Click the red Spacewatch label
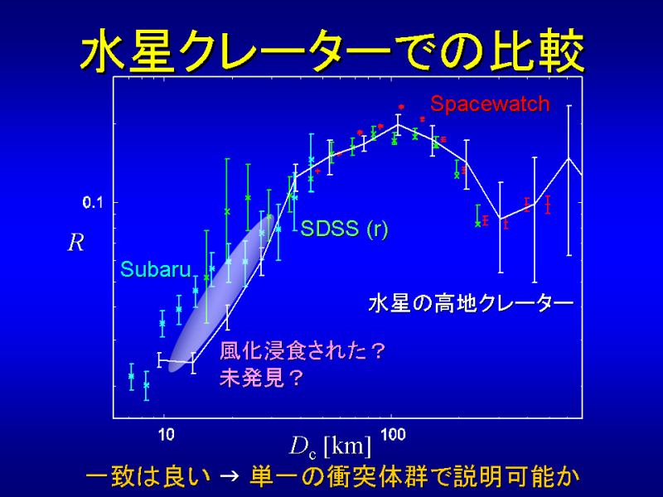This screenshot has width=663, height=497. pyautogui.click(x=490, y=104)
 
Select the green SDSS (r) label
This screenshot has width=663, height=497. pyautogui.click(x=344, y=229)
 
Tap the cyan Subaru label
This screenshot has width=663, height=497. pyautogui.click(x=156, y=269)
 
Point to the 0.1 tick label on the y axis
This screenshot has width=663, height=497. pyautogui.click(x=93, y=203)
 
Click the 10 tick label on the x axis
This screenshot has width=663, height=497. pyautogui.click(x=167, y=434)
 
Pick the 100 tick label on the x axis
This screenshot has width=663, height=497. pyautogui.click(x=393, y=434)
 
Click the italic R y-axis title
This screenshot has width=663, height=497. pyautogui.click(x=76, y=243)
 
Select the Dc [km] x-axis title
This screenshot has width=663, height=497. pyautogui.click(x=330, y=446)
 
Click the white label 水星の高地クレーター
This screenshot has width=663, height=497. pyautogui.click(x=471, y=304)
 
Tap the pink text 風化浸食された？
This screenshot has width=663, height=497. pyautogui.click(x=302, y=350)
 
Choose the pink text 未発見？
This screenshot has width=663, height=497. pyautogui.click(x=262, y=378)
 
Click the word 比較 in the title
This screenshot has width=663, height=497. pyautogui.click(x=536, y=51)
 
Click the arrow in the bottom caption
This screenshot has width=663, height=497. pyautogui.click(x=230, y=477)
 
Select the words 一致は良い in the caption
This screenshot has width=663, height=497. pyautogui.click(x=148, y=477)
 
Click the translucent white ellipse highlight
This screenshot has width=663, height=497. pyautogui.click(x=221, y=294)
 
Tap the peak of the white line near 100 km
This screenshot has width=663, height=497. pyautogui.click(x=398, y=125)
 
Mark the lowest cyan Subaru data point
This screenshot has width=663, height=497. pyautogui.click(x=147, y=385)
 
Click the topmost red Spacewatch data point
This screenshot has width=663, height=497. pyautogui.click(x=401, y=107)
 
